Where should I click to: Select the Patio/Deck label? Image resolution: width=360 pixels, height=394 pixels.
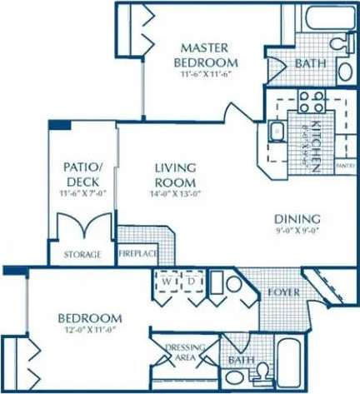pos(82,174)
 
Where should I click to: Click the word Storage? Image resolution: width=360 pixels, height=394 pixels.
pos(82,254)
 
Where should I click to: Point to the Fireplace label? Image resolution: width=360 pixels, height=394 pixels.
pos(138,254)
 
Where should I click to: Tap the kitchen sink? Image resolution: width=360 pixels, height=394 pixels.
pos(277,131)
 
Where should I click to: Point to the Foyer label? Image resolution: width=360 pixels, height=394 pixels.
pos(277,293)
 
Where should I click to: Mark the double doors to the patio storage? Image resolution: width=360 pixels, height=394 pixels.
pos(84,227)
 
